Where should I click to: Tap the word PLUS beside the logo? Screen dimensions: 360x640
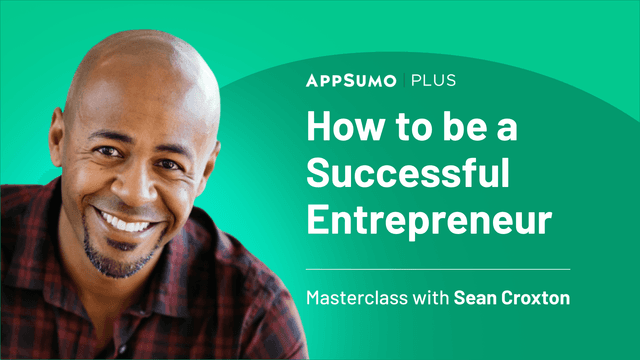(x=436, y=79)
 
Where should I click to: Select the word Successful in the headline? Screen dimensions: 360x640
(x=408, y=174)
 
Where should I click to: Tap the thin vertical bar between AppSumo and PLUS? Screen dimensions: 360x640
(x=408, y=79)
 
